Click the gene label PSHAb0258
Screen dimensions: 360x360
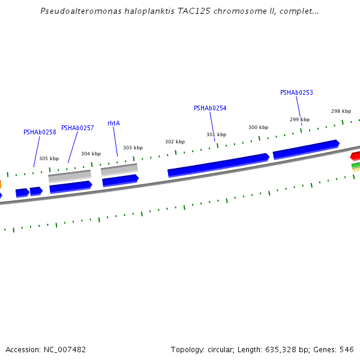point(40,132)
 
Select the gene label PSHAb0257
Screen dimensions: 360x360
point(77,128)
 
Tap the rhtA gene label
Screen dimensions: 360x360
point(113,123)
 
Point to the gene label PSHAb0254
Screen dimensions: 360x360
point(210,108)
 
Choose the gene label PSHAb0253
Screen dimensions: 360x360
point(296,92)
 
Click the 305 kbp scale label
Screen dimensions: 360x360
point(49,159)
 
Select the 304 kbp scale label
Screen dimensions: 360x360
point(91,154)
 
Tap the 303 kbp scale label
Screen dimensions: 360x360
point(133,148)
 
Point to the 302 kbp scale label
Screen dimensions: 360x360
point(175,142)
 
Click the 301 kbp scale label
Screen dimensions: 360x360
point(216,134)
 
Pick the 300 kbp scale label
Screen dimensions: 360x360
point(258,127)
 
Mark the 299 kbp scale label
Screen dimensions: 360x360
point(299,119)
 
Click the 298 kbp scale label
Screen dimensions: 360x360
point(341,111)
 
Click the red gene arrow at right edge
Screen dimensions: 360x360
point(355,156)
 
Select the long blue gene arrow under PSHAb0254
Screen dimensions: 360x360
point(218,165)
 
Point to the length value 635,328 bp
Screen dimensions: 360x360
point(284,349)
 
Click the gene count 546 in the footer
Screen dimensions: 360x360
point(347,349)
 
